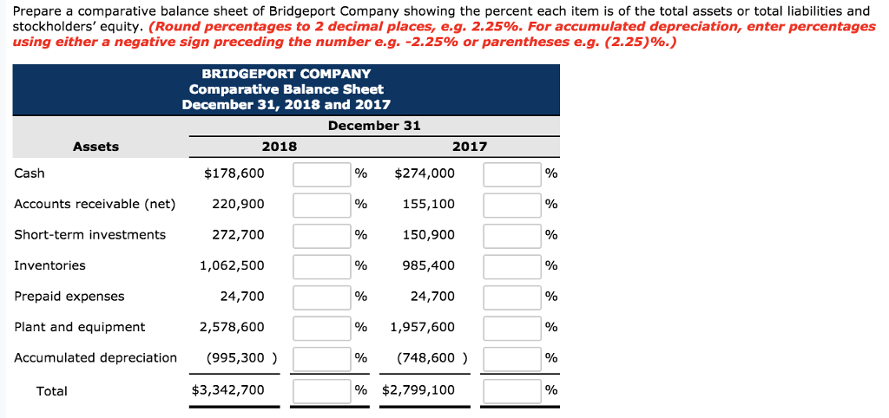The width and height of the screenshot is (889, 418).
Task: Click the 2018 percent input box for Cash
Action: [321, 174]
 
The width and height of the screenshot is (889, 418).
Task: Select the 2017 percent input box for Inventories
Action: [512, 266]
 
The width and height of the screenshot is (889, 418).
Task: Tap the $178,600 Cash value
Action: [234, 173]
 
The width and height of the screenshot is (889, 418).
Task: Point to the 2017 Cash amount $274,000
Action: [424, 173]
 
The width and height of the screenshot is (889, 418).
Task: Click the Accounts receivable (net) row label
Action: [95, 205]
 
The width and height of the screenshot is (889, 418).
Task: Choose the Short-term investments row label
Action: [89, 235]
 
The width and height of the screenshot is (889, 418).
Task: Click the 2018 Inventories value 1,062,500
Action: [232, 265]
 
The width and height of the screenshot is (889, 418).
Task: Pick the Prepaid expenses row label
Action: [69, 297]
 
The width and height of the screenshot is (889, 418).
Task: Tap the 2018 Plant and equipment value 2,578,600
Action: [232, 327]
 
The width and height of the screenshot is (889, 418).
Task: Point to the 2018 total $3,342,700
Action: [227, 390]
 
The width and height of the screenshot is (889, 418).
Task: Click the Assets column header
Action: [95, 147]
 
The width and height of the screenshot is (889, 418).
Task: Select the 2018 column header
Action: [279, 147]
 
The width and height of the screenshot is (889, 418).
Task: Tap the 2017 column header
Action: [470, 147]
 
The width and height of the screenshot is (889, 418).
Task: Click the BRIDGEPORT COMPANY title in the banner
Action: [286, 74]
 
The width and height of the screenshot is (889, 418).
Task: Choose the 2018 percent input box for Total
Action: [321, 391]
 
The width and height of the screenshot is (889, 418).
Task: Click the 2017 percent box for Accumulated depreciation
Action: [512, 358]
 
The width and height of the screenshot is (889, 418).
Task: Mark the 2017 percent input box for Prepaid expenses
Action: [512, 297]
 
